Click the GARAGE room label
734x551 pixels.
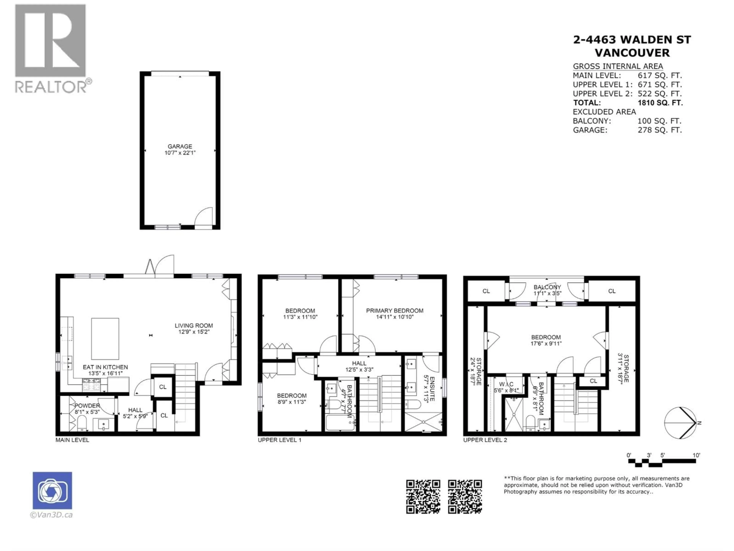180,147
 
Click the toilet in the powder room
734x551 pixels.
82,423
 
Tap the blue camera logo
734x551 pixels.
52,490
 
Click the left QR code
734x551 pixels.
423,496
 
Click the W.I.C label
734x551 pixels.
506,384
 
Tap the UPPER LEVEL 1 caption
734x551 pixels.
279,440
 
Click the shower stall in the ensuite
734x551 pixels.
423,422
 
